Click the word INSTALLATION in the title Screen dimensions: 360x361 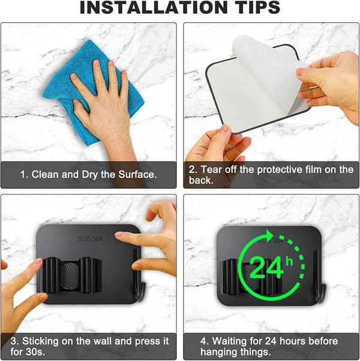point(154,8)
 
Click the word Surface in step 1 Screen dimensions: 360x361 point(137,174)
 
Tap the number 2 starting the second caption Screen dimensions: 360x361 point(192,169)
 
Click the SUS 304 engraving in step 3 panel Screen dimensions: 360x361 point(90,238)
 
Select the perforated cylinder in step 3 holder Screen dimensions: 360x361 point(70,275)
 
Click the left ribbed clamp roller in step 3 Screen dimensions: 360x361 point(51,275)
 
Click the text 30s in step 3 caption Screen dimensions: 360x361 point(37,352)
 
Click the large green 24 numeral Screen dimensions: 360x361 point(266,268)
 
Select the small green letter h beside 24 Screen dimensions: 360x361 point(289,262)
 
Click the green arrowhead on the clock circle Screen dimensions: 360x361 point(269,236)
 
